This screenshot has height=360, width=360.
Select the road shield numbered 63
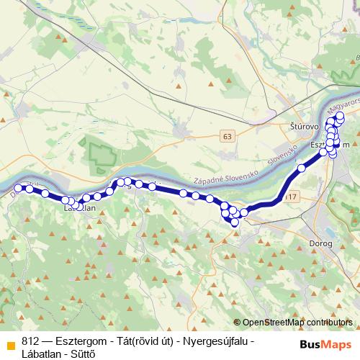point(228,135)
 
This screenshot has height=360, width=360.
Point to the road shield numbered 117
point(290,197)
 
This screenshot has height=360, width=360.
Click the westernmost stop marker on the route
point(19,189)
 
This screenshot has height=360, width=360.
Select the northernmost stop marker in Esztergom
point(340,115)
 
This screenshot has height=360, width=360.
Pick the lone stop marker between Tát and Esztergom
point(302,168)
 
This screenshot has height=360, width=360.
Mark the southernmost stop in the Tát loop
point(235,222)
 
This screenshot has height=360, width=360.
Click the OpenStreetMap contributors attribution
point(297,323)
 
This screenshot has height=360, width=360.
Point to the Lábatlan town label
point(80,208)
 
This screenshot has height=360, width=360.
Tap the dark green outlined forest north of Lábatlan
point(101,154)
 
